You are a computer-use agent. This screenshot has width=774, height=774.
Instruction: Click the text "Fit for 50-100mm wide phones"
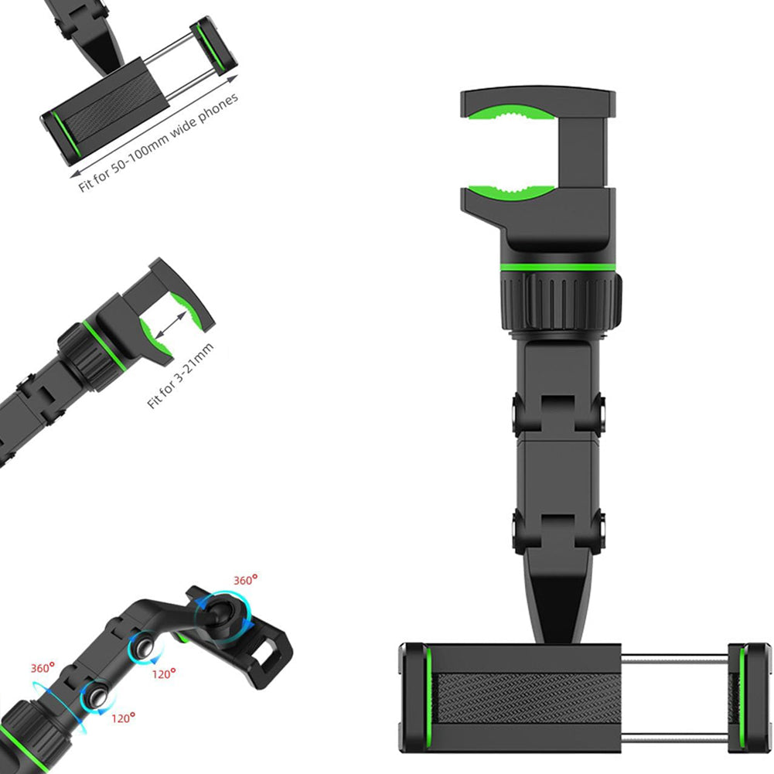pos(159,142)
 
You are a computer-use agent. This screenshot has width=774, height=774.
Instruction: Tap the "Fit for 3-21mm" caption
pos(181,376)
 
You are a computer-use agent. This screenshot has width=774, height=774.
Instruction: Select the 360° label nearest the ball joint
pos(245,579)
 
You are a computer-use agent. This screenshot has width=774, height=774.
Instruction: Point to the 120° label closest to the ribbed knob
pos(123,718)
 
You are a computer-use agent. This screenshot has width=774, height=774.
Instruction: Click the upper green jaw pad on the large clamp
pos(511,113)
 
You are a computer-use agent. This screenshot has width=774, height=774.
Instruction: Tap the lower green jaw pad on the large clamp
pos(511,193)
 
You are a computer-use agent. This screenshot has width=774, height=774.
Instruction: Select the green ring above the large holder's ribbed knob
pos(557,268)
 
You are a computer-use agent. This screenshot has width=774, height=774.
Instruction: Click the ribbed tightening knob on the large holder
pos(561,302)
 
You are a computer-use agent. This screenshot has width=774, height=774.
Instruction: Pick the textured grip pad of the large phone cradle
pos(528,697)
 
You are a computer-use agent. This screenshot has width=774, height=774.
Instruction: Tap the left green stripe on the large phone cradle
pos(428,697)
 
